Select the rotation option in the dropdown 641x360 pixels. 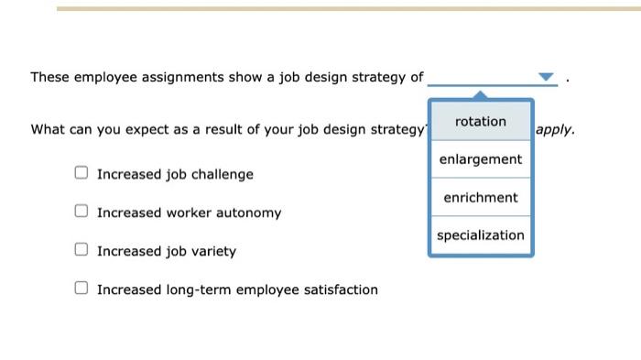[x=480, y=122]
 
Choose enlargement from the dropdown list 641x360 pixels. [x=480, y=159]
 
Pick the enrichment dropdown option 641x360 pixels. [x=480, y=198]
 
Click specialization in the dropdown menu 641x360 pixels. [x=480, y=235]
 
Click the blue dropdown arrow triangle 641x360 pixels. [x=546, y=77]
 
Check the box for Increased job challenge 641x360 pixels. [x=81, y=172]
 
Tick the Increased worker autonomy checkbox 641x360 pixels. [x=81, y=211]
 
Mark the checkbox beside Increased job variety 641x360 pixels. [x=81, y=249]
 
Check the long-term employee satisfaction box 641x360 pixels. [x=81, y=288]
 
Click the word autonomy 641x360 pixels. [x=249, y=213]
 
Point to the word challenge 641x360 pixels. [x=223, y=175]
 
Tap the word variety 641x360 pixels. [x=212, y=252]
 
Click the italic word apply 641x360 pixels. [x=555, y=130]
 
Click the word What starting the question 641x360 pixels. [x=48, y=130]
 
